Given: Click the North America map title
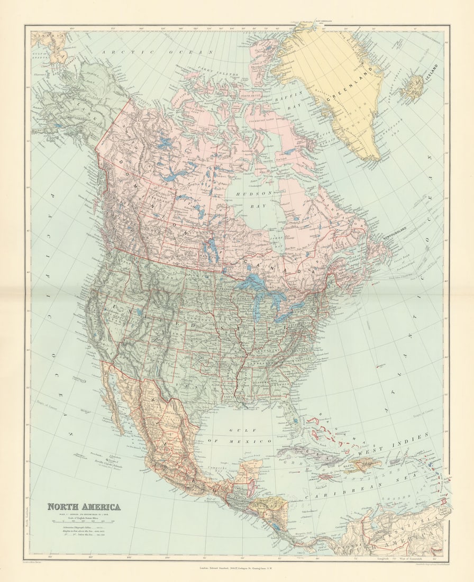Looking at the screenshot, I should tap(84, 506).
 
